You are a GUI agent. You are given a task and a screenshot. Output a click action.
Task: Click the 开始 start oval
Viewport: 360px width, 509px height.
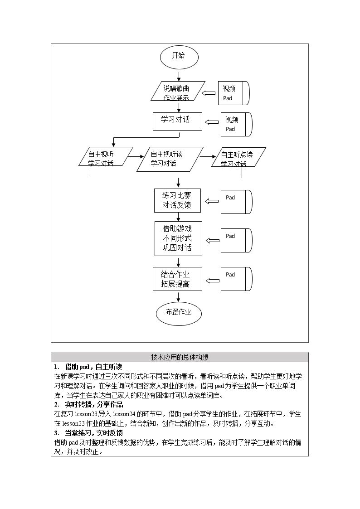click(x=179, y=57)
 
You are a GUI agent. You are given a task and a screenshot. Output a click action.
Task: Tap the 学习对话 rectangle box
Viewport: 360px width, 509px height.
click(x=178, y=121)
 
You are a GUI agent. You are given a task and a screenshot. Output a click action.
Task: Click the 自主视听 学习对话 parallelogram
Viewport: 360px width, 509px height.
click(x=106, y=157)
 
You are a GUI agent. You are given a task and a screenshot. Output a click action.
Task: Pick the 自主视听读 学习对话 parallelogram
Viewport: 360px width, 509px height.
click(x=170, y=159)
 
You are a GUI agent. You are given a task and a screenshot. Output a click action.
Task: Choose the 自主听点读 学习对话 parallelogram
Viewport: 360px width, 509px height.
click(x=238, y=157)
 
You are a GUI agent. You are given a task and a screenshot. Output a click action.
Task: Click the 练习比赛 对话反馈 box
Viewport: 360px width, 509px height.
click(x=177, y=201)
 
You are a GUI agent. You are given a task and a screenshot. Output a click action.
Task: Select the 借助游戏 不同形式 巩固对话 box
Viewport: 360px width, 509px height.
click(x=178, y=238)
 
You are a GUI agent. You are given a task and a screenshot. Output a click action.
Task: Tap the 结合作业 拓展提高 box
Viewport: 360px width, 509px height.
click(x=178, y=279)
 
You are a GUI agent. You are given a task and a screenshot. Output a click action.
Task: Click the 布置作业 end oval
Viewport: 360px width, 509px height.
click(x=179, y=313)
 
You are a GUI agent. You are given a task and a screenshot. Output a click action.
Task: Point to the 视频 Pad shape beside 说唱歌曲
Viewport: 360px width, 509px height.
click(x=234, y=93)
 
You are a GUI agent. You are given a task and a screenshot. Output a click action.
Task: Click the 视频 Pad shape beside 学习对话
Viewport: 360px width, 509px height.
click(x=237, y=124)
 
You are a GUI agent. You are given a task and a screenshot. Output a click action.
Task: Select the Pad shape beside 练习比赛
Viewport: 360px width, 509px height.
click(x=237, y=202)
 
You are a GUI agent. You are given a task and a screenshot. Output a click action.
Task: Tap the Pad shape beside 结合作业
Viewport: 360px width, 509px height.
click(x=237, y=279)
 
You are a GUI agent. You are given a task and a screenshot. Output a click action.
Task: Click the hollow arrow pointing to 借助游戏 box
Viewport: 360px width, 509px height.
click(x=213, y=241)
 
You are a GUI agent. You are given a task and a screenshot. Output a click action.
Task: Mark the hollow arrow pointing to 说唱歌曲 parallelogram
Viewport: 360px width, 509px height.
click(x=209, y=93)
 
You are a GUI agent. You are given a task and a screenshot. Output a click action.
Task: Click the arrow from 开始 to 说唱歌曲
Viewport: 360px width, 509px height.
click(x=179, y=75)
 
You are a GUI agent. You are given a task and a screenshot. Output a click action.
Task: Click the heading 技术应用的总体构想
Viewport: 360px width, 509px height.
click(x=180, y=357)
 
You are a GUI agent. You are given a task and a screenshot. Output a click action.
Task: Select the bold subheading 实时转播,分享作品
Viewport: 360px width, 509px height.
click(x=94, y=404)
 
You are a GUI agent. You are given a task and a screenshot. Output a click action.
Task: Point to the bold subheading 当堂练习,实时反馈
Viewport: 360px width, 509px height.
click(x=94, y=433)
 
